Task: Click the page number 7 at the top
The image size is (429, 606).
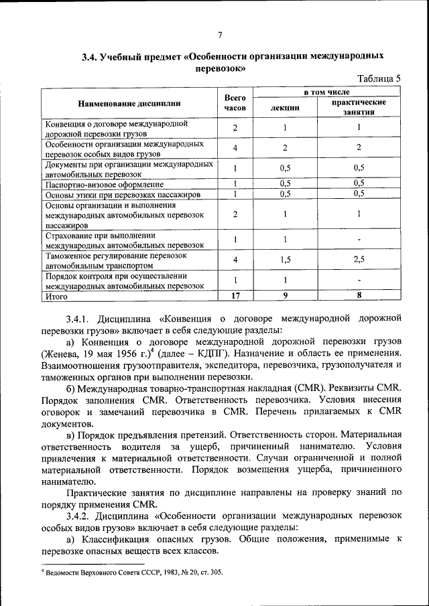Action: pos(220,36)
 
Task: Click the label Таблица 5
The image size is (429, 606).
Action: pos(379,78)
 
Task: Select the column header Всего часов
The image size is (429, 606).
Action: pos(235,102)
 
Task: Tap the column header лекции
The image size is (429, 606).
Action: pos(285,108)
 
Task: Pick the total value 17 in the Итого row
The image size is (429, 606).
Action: pos(235,295)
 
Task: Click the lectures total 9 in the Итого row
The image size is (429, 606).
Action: pos(285,295)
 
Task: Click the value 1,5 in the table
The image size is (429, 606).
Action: pos(285,259)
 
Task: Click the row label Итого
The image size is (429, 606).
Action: pos(57,295)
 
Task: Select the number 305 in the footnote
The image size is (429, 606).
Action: pos(215,573)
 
